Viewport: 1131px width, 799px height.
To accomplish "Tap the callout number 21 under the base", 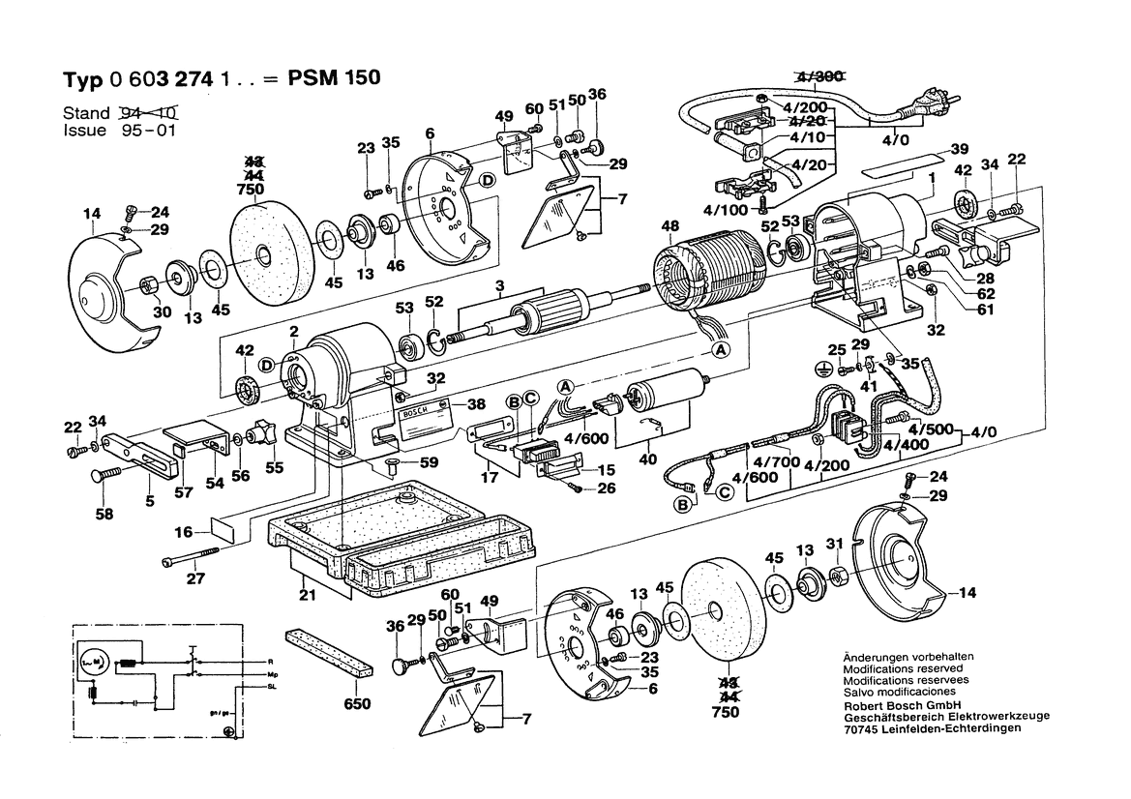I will (x=309, y=596).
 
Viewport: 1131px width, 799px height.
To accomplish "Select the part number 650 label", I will (x=358, y=704).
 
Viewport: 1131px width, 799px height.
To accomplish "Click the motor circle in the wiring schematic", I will (x=94, y=663).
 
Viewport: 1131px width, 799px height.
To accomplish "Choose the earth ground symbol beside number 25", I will (x=824, y=369).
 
